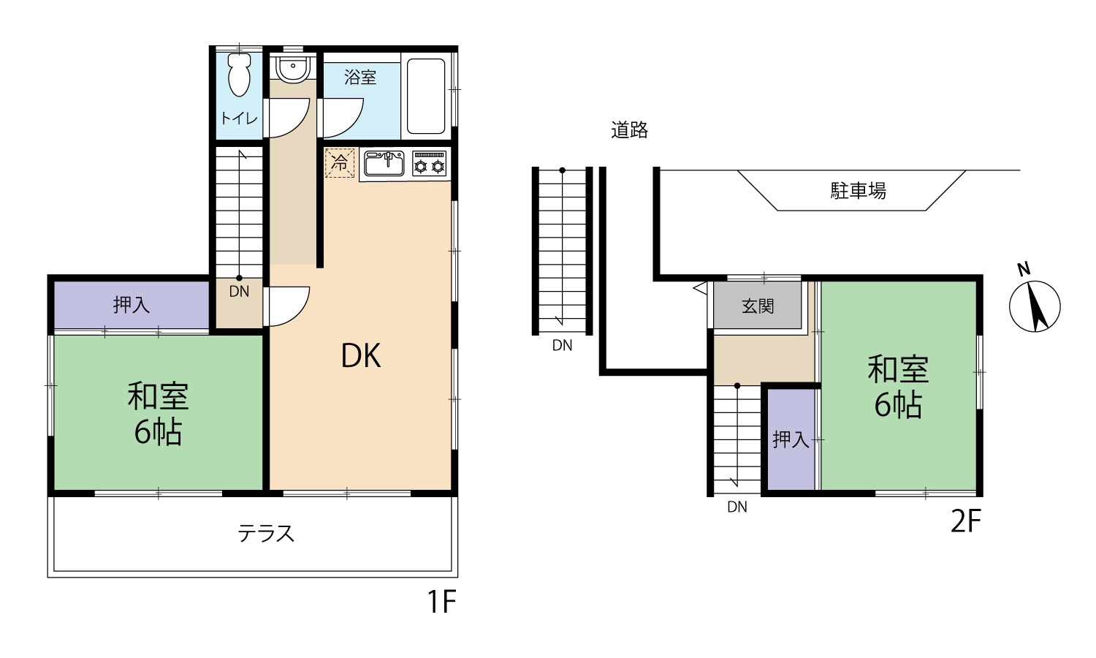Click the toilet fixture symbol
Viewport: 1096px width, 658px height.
click(x=239, y=75)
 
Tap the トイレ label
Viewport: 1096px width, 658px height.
click(x=239, y=118)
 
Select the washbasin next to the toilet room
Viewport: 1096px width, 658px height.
click(x=292, y=68)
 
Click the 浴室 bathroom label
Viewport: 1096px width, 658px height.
click(x=360, y=77)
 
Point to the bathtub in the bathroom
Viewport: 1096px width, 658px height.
click(x=426, y=97)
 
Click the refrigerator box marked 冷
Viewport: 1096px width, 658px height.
click(x=340, y=162)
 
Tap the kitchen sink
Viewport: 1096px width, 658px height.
click(x=384, y=163)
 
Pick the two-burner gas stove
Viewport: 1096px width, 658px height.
click(x=429, y=163)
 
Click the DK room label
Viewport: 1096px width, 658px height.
click(x=361, y=356)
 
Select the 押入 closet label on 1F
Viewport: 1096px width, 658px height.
click(x=131, y=305)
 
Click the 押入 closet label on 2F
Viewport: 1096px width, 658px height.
click(x=791, y=439)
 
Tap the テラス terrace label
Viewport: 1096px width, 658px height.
click(x=266, y=534)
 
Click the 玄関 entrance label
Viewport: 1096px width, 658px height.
click(x=758, y=306)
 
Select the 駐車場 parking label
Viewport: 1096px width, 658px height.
click(x=859, y=190)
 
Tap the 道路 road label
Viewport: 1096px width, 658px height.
click(x=630, y=130)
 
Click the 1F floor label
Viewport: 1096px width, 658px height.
click(x=442, y=602)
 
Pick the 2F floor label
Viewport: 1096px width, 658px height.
click(x=966, y=521)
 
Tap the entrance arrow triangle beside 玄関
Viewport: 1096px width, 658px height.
click(x=701, y=288)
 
